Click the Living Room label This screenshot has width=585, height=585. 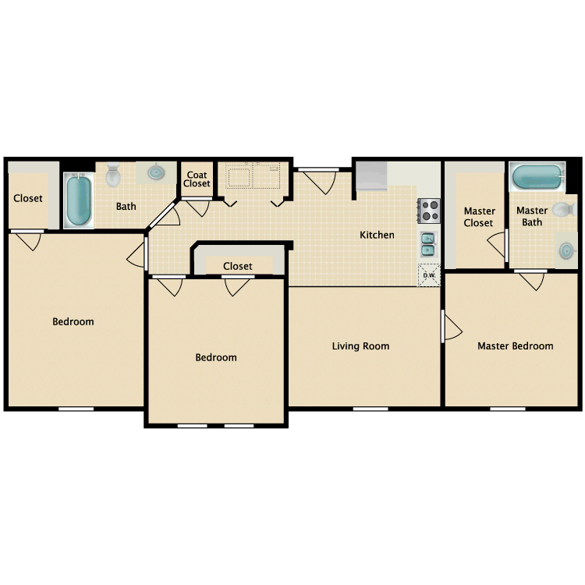click(360, 346)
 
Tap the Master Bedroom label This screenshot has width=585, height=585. click(516, 346)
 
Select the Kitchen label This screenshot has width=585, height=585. click(377, 235)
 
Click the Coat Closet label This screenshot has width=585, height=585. click(197, 179)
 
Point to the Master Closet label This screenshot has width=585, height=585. click(479, 217)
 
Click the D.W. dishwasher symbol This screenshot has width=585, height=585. click(429, 275)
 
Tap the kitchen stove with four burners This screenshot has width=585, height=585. click(429, 210)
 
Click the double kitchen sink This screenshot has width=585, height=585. click(429, 245)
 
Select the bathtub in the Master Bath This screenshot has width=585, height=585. click(536, 177)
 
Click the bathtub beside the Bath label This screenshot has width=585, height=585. click(77, 200)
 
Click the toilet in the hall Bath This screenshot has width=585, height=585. click(114, 175)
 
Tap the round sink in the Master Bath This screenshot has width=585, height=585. click(567, 250)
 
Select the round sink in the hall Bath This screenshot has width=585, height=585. click(156, 172)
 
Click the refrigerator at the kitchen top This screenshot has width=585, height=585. click(372, 176)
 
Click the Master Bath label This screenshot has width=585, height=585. click(532, 216)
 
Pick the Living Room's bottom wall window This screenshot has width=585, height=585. click(370, 408)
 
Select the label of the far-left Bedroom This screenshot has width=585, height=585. click(73, 321)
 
